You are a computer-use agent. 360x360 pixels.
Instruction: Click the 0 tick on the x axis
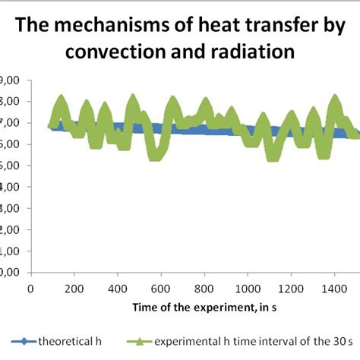(x=30, y=289)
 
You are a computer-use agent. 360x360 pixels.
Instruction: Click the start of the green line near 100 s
(x=51, y=126)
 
